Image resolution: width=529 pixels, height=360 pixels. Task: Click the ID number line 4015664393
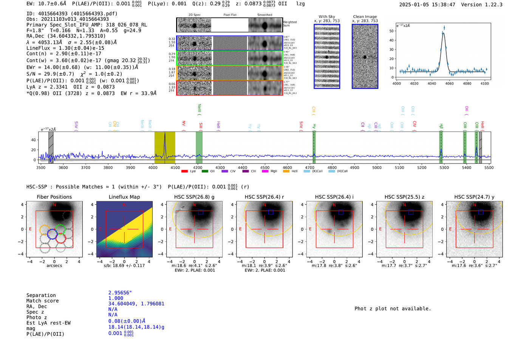click(72, 14)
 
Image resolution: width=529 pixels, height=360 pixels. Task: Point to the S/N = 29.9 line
click(74, 74)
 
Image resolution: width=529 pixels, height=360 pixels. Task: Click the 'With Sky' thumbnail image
click(327, 56)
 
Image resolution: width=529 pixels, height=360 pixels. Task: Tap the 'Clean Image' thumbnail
click(365, 56)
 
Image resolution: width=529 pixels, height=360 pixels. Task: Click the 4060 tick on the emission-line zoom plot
click(449, 83)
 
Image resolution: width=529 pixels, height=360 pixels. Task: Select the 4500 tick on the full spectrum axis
click(265, 168)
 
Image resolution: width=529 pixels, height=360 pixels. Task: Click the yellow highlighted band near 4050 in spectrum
click(165, 147)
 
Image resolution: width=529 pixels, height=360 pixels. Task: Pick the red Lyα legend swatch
click(185, 171)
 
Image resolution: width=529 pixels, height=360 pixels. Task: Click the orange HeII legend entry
click(286, 171)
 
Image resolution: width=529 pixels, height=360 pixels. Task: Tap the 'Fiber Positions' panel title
click(54, 197)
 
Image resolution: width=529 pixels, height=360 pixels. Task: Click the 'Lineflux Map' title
click(124, 197)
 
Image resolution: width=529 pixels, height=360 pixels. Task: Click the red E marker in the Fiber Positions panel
click(30, 229)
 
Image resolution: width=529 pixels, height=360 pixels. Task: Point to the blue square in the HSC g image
click(201, 212)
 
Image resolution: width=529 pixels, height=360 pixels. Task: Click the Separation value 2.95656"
click(120, 293)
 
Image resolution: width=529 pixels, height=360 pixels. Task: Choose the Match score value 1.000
click(116, 298)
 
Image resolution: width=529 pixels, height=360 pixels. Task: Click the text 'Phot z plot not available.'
click(393, 309)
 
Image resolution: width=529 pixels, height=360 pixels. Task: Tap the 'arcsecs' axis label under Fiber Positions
click(54, 266)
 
